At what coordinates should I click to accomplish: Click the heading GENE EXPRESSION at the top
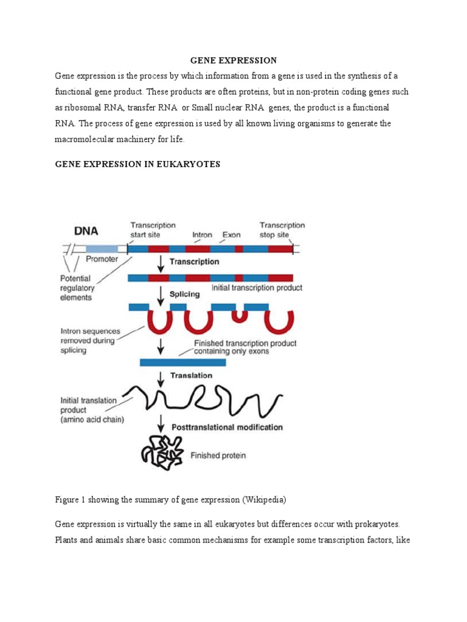coord(233,60)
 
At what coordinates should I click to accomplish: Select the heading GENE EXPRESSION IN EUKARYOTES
coord(137,164)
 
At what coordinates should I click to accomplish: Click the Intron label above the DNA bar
coord(202,234)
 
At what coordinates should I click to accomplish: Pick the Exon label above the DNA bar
coord(231,234)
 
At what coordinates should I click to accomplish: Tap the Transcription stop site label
coord(282,230)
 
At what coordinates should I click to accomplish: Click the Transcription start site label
coord(153,230)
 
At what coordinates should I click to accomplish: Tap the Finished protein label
coord(218,455)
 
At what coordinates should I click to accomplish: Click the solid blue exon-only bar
coord(182,363)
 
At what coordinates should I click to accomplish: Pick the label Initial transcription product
coord(256,287)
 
